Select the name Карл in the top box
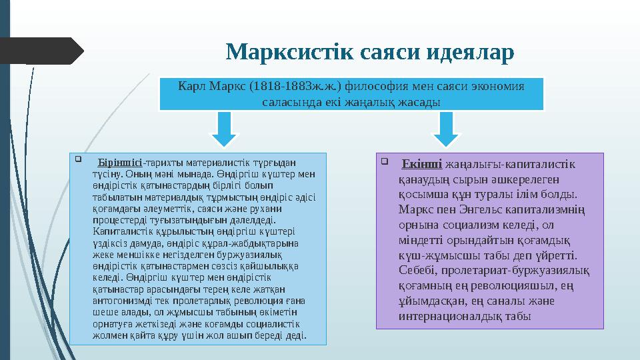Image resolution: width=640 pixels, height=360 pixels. (193, 87)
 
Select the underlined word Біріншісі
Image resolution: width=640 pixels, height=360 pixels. (120, 162)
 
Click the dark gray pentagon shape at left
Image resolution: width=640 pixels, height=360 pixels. (40, 51)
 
